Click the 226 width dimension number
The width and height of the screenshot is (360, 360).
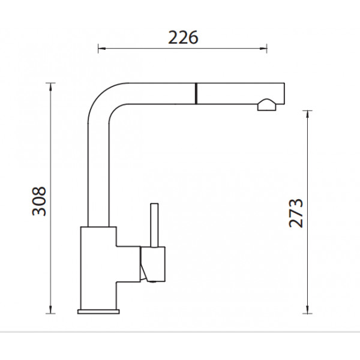pos(183,38)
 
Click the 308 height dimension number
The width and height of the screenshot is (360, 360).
pos(39,201)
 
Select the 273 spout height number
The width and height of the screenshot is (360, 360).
pos(296,213)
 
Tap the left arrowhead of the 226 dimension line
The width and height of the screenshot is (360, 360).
pos(101,49)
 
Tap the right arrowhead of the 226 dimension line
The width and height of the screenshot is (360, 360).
pos(263,49)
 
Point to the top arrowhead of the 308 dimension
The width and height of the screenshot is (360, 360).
pos(50,86)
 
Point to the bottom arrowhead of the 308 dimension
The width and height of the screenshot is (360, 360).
pos(50,310)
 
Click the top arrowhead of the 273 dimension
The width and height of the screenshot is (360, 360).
pos(307,114)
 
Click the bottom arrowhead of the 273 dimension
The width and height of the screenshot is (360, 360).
pos(307,310)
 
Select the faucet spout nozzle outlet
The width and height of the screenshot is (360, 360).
pos(267,105)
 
